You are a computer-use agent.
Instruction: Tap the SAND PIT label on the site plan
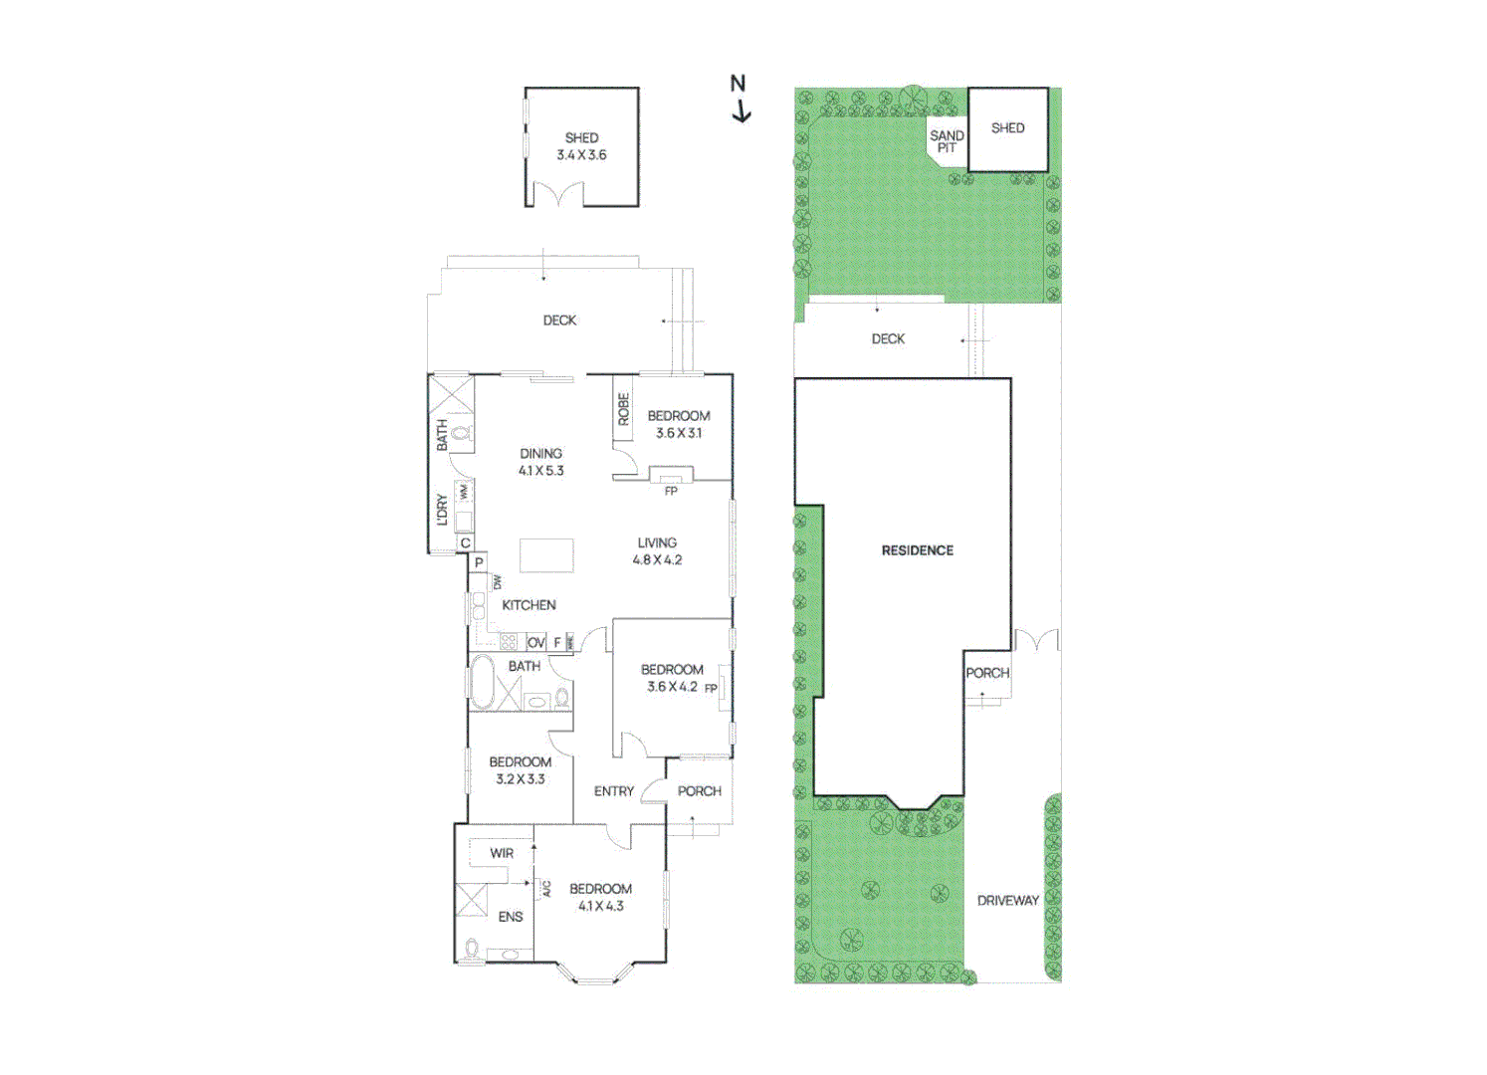(x=947, y=141)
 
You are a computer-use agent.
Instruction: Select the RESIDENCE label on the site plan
(x=917, y=550)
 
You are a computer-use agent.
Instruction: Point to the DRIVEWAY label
(x=1007, y=901)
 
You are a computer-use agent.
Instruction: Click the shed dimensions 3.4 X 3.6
(x=581, y=155)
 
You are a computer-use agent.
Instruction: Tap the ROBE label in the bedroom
(x=624, y=409)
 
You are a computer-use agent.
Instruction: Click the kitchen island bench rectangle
(x=546, y=555)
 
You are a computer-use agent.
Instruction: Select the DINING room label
(x=540, y=454)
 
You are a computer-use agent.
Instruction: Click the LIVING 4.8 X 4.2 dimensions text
(x=657, y=560)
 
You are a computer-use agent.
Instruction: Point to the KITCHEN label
(x=529, y=605)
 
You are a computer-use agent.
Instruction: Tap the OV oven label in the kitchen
(x=535, y=643)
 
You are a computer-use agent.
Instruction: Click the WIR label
(x=502, y=854)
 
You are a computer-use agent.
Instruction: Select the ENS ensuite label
(x=511, y=917)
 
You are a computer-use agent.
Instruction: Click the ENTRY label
(x=613, y=791)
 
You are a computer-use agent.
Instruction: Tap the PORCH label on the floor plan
(x=699, y=791)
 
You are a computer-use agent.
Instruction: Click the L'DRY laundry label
(x=442, y=510)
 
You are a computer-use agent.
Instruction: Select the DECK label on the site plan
(x=888, y=339)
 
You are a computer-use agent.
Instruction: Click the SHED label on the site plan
(x=1007, y=128)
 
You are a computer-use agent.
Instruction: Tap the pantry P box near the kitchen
(x=479, y=563)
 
